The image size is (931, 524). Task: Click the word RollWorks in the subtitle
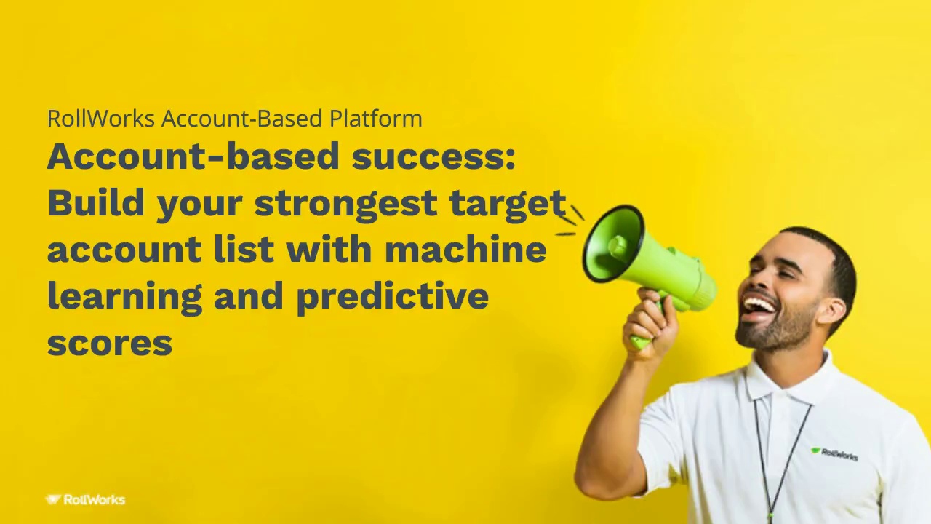tap(100, 119)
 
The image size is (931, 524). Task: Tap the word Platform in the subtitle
tap(375, 119)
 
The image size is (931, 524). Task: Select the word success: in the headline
tap(433, 156)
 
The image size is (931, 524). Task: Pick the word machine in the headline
tap(465, 250)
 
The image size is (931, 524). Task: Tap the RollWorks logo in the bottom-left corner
tap(86, 500)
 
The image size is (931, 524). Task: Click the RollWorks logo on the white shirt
tap(834, 454)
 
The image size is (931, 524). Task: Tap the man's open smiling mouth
tap(758, 306)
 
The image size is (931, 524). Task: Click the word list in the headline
tap(244, 250)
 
